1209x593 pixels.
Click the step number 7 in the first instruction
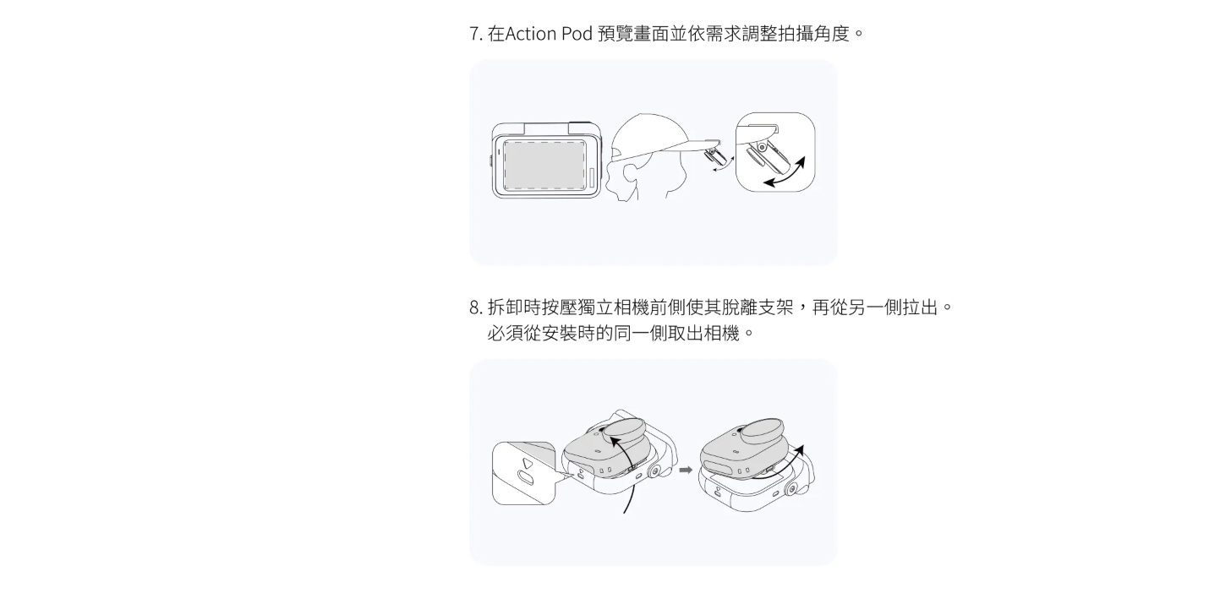tap(474, 34)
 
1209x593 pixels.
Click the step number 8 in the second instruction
tap(474, 307)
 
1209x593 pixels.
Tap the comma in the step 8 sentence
tap(801, 309)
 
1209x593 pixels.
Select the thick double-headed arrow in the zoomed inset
tap(785, 171)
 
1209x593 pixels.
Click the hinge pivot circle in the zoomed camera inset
tap(762, 147)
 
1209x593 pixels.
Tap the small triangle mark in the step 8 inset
tap(527, 464)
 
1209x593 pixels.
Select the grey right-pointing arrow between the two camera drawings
tap(686, 470)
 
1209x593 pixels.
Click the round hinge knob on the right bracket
tap(793, 487)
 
